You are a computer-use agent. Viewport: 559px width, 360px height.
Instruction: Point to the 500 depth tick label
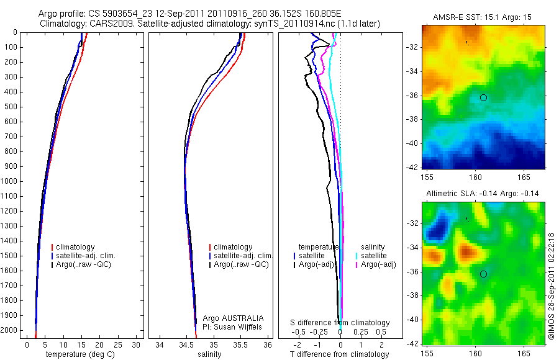click(x=12, y=107)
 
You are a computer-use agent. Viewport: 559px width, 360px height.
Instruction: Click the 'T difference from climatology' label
click(x=339, y=354)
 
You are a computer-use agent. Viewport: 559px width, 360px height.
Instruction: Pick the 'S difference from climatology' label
click(x=340, y=323)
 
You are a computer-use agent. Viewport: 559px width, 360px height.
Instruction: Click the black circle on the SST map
click(x=483, y=97)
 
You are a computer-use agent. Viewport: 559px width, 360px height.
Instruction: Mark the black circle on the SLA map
click(x=483, y=274)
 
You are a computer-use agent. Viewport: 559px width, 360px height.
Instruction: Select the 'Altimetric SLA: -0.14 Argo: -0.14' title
click(x=483, y=194)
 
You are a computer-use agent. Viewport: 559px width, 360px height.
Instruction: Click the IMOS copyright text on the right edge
click(x=552, y=287)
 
